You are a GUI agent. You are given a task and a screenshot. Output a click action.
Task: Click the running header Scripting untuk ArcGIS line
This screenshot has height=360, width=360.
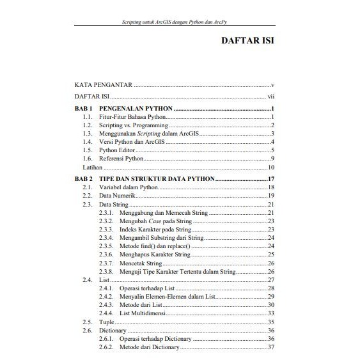(181, 22)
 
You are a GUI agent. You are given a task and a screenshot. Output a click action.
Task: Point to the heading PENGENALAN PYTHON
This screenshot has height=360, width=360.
(137, 109)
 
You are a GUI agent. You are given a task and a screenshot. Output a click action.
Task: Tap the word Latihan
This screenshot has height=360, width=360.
(84, 166)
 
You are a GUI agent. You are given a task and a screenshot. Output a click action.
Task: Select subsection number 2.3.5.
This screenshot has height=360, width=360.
(107, 246)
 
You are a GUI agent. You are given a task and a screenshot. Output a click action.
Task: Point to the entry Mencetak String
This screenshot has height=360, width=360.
(141, 263)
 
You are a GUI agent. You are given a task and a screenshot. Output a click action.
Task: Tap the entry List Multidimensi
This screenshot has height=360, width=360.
(146, 313)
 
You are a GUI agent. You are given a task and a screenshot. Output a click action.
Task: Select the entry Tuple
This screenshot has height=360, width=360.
(107, 322)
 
